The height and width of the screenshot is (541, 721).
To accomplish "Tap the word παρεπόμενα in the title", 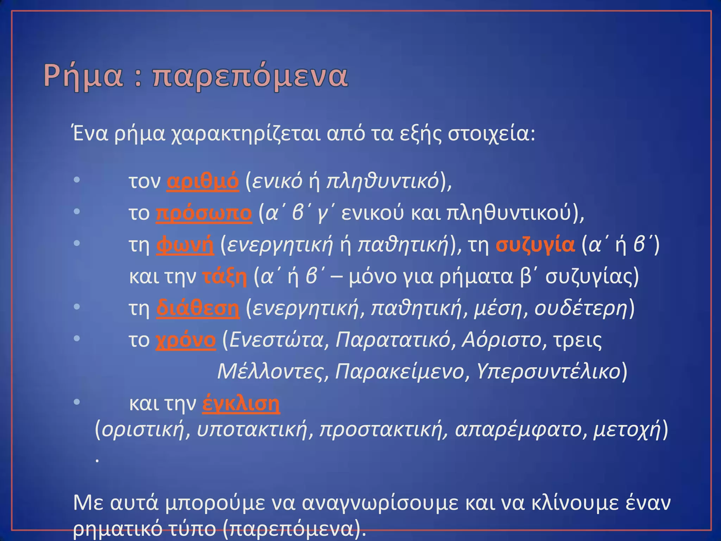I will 250,76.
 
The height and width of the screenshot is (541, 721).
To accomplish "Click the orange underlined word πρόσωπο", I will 204,213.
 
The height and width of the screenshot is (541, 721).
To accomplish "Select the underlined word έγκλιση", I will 241,404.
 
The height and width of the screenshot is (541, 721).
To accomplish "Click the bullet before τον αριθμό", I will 77,180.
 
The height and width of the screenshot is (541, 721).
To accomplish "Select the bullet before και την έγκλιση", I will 77,402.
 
